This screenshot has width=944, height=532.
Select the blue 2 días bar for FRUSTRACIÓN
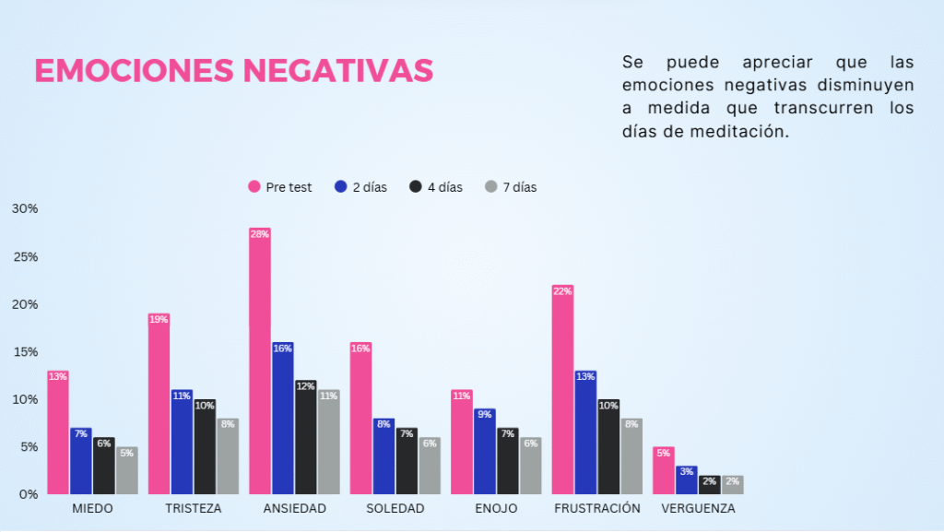tap(585, 433)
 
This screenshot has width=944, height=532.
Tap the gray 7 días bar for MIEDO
tap(127, 472)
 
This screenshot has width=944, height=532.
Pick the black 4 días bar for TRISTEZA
tap(205, 448)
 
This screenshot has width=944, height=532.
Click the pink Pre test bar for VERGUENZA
tap(664, 472)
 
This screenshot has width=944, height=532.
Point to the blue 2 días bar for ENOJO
tap(484, 452)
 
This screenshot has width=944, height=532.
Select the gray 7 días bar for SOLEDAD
tap(430, 467)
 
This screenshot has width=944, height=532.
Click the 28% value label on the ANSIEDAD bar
tap(259, 234)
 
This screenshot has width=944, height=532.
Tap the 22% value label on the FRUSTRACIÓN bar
tap(562, 291)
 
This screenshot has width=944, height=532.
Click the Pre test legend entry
tap(280, 187)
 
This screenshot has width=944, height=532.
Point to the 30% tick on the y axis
tap(25, 208)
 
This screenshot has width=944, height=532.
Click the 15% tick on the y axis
tap(25, 351)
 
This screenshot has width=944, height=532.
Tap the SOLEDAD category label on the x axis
tap(395, 509)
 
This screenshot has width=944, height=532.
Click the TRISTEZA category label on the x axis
tap(194, 509)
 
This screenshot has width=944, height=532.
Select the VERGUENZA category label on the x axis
tap(698, 509)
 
